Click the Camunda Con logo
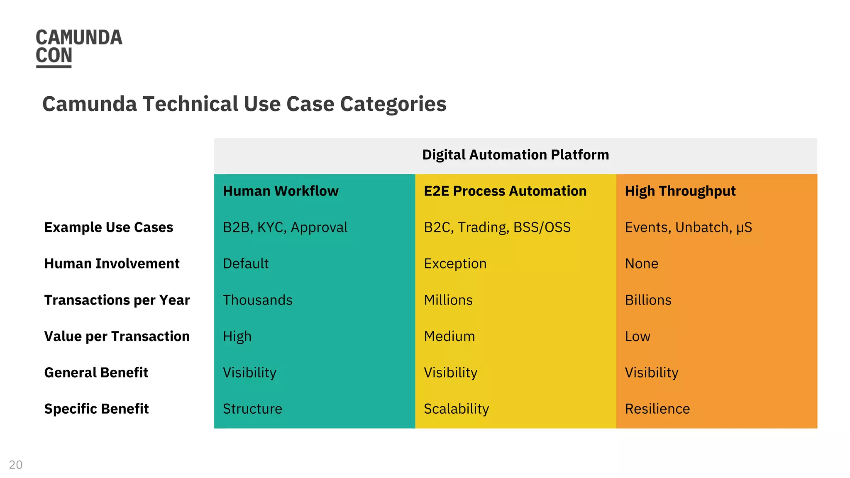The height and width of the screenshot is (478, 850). pyautogui.click(x=79, y=47)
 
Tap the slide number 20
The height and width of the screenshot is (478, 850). pyautogui.click(x=16, y=465)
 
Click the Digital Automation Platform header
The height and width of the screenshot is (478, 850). pyautogui.click(x=515, y=155)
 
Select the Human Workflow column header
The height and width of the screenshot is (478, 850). pyautogui.click(x=281, y=191)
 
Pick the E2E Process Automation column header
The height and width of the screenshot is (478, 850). pyautogui.click(x=505, y=191)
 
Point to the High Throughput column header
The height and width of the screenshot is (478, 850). pyautogui.click(x=680, y=191)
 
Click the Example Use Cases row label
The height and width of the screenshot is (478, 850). pyautogui.click(x=109, y=227)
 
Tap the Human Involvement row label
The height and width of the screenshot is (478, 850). pyautogui.click(x=112, y=263)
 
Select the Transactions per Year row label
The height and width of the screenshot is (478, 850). pyautogui.click(x=117, y=300)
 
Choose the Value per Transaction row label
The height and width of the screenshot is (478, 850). pyautogui.click(x=117, y=336)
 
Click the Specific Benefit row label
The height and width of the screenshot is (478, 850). pyautogui.click(x=97, y=409)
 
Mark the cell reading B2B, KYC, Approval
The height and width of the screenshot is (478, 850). pyautogui.click(x=285, y=227)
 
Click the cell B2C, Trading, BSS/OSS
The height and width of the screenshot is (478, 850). pyautogui.click(x=497, y=227)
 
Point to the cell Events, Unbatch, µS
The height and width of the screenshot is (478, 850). pyautogui.click(x=689, y=227)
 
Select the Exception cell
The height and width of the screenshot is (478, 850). pyautogui.click(x=455, y=263)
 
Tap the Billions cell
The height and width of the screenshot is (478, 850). pyautogui.click(x=648, y=300)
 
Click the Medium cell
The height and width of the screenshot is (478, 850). pyautogui.click(x=449, y=336)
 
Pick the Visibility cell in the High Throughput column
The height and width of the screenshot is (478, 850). pyautogui.click(x=652, y=373)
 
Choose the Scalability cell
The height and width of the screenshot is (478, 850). pyautogui.click(x=457, y=409)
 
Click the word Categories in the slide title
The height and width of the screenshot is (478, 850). pyautogui.click(x=393, y=104)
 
